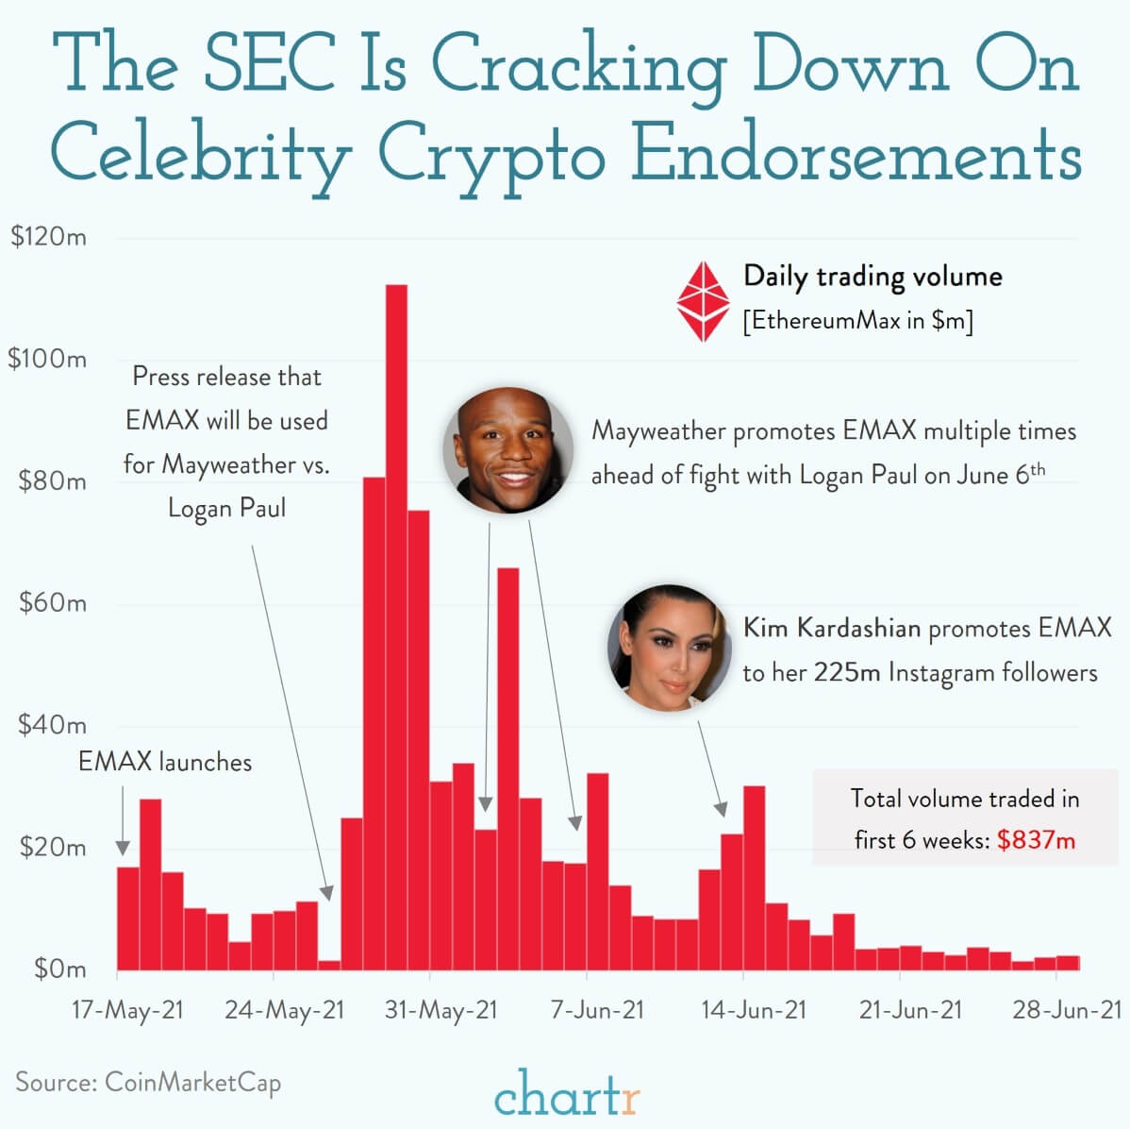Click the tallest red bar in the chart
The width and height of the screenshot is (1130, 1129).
[396, 627]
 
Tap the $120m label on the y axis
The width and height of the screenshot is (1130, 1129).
[48, 237]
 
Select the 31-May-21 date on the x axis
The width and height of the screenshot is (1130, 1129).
[440, 1010]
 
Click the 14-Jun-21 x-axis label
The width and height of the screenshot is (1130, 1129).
[754, 1010]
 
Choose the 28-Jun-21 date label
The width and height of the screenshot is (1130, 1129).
[1067, 1010]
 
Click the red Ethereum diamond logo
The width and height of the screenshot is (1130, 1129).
[704, 301]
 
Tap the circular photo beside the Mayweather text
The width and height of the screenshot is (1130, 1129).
[508, 447]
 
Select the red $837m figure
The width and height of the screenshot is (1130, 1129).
[1036, 840]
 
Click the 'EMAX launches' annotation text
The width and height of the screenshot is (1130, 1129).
[165, 762]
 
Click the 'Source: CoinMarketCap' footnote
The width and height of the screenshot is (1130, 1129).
[148, 1082]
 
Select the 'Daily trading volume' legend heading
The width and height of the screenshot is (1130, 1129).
[872, 277]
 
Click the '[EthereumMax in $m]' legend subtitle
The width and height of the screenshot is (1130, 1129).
[857, 321]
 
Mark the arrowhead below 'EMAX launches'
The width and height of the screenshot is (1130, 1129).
[123, 847]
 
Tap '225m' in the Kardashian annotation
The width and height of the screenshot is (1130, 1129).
[847, 673]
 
